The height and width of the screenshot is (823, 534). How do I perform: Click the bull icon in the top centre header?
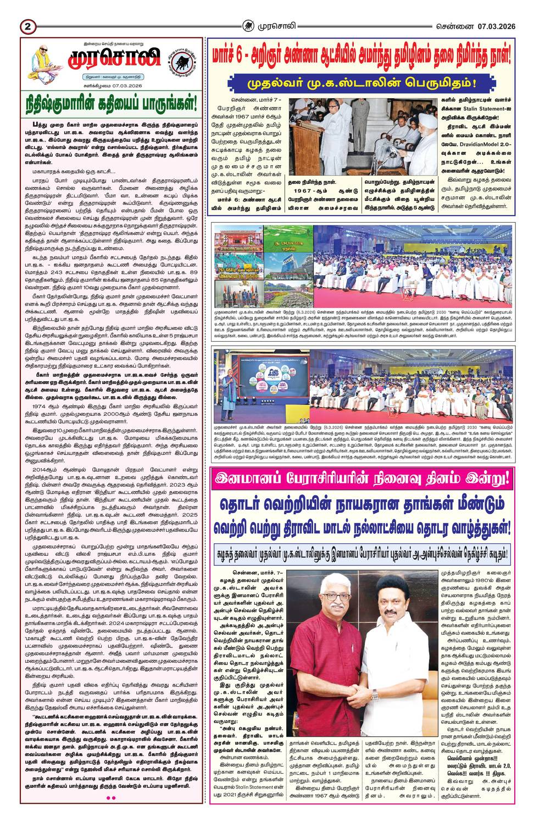point(249,25)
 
